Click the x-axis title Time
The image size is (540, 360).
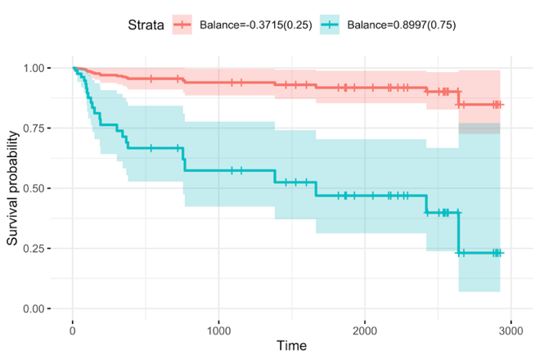(x=292, y=346)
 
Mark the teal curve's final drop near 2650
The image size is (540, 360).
(x=459, y=233)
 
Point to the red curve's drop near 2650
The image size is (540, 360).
(x=459, y=98)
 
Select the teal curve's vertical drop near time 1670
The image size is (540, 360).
(x=316, y=189)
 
